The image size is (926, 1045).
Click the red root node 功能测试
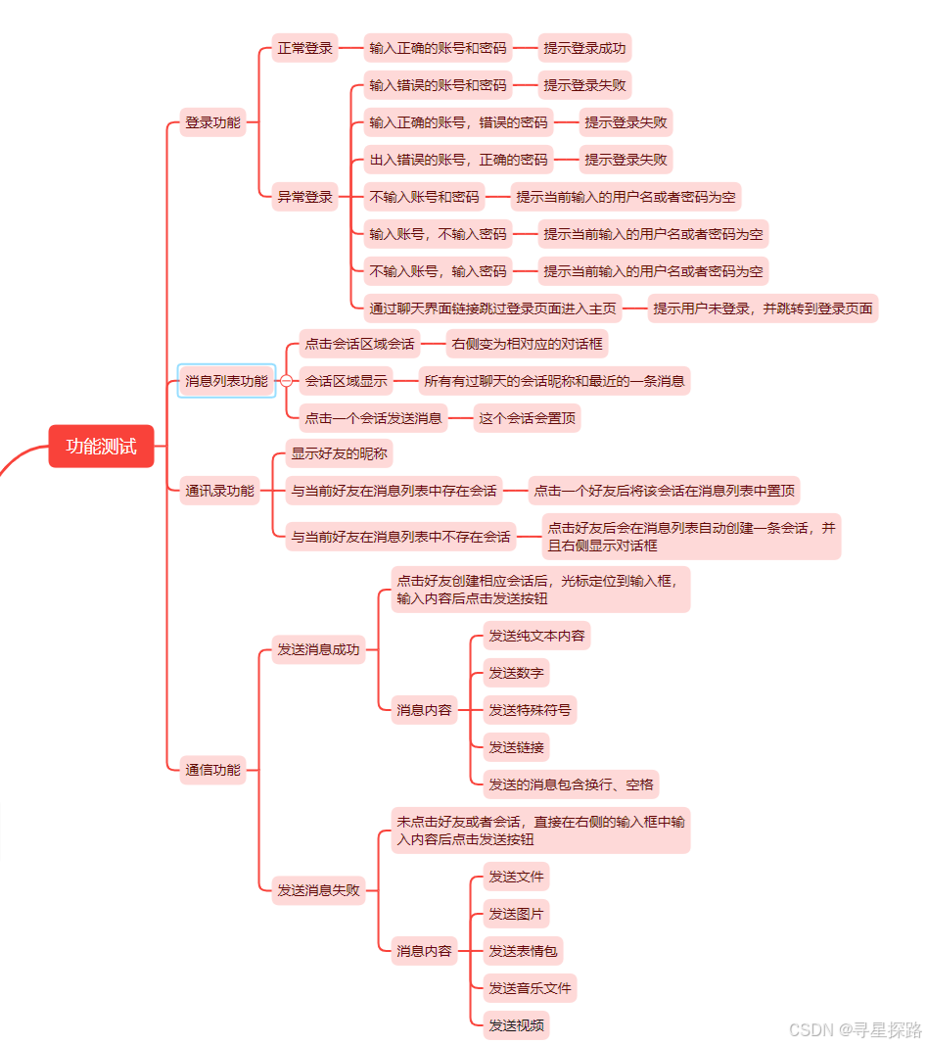[x=102, y=447]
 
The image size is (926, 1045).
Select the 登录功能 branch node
[x=212, y=122]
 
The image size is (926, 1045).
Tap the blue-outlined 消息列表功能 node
[x=226, y=380]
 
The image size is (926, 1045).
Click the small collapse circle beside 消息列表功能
[x=286, y=380]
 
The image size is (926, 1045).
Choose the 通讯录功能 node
[x=219, y=491]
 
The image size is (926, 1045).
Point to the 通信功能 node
[x=212, y=770]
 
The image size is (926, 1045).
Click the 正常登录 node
[x=304, y=47]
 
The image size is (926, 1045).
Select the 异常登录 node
[x=304, y=197]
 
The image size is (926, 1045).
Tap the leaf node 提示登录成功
[x=584, y=47]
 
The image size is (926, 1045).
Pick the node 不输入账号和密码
[x=424, y=197]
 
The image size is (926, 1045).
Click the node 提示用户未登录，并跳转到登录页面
[x=763, y=308]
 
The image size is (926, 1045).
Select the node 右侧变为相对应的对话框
[x=528, y=344]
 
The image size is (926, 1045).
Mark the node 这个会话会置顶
[x=527, y=418]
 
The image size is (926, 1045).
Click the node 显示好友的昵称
[x=339, y=453]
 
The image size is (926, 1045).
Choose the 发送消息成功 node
[x=318, y=648]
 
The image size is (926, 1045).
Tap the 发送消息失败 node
[x=318, y=890]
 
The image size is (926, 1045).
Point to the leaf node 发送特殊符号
[x=530, y=710]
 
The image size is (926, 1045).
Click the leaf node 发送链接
[x=516, y=747]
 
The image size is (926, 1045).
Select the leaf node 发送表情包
[x=523, y=950]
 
